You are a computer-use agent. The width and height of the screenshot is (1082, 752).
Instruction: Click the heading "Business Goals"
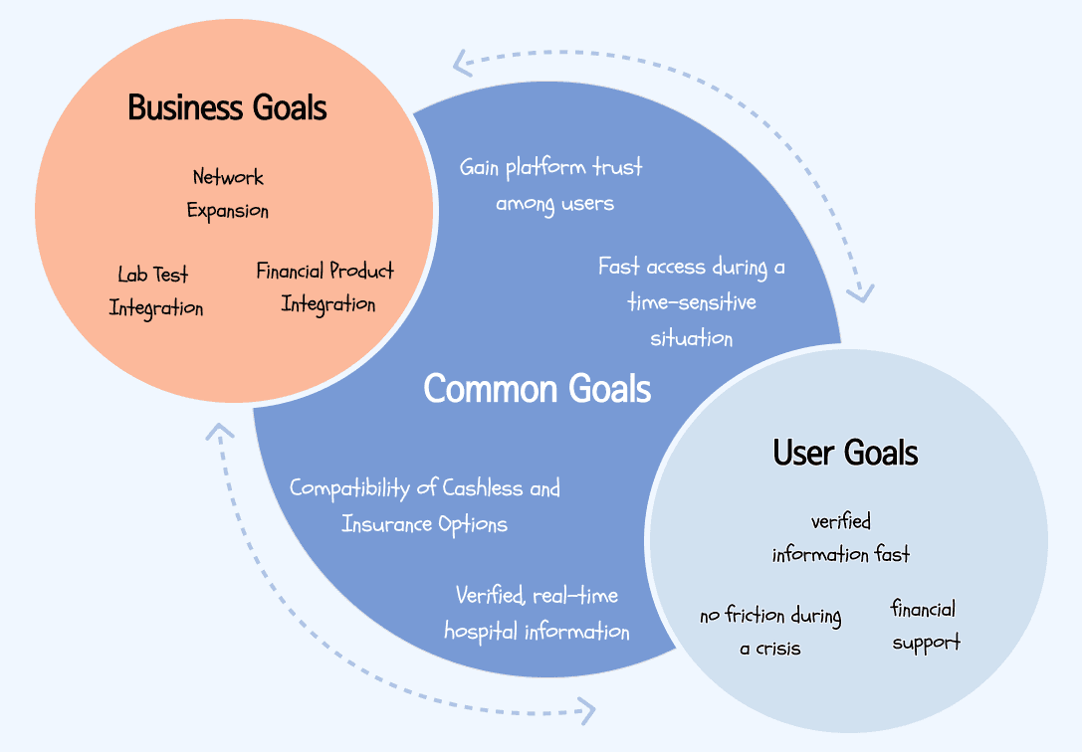tap(227, 107)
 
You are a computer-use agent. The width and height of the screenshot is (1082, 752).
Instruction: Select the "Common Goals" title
tap(538, 388)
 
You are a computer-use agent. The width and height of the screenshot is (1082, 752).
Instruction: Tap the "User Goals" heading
tap(845, 454)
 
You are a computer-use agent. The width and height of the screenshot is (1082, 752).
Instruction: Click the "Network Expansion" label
tap(228, 194)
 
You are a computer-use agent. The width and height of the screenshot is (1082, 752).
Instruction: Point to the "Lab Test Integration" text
tap(155, 291)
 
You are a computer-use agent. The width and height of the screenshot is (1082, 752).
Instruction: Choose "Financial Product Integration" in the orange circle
tap(325, 287)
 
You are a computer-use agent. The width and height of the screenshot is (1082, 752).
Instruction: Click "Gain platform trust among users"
tap(551, 185)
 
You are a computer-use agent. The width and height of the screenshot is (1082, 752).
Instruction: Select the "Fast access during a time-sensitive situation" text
tap(692, 302)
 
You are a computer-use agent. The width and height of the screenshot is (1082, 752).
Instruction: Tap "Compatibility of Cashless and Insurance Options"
tap(425, 505)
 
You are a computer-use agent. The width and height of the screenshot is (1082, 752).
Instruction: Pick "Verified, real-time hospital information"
tap(537, 614)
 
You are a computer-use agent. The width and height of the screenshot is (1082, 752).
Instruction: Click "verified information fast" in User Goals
tap(841, 537)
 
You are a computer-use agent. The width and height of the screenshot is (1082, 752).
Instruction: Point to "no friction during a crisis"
tap(770, 632)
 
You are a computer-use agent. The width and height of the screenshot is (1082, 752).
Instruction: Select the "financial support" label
tap(925, 625)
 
